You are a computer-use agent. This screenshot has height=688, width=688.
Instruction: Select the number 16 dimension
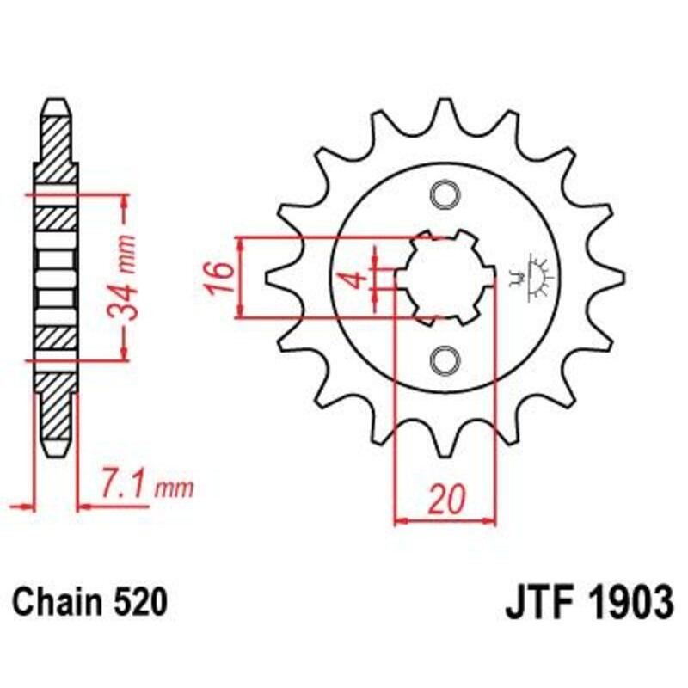(220, 278)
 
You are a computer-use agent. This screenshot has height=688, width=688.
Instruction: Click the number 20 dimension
(445, 498)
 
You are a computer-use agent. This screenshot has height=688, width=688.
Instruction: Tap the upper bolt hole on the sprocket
(445, 195)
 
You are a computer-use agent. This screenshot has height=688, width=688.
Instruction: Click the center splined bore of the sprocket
(445, 277)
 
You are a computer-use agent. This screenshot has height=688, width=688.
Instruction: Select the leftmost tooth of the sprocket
(273, 277)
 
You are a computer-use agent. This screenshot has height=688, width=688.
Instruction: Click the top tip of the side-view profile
(56, 103)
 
